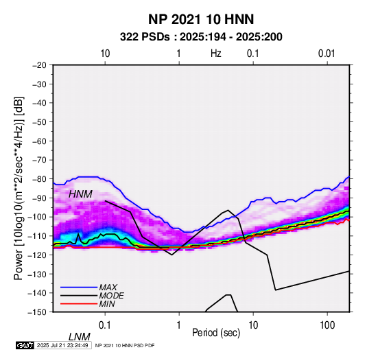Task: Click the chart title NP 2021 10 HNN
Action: pyautogui.click(x=201, y=19)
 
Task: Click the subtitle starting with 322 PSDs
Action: pyautogui.click(x=201, y=37)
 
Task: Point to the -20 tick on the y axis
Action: pyautogui.click(x=39, y=65)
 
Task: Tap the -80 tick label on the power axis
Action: pyautogui.click(x=39, y=179)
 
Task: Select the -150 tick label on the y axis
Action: pyautogui.click(x=38, y=312)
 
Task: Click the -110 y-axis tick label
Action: pyautogui.click(x=38, y=236)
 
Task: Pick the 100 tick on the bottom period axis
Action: pyautogui.click(x=327, y=325)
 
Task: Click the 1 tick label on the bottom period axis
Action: pyautogui.click(x=179, y=325)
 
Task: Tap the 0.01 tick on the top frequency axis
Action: pyautogui.click(x=327, y=54)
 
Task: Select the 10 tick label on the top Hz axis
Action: pyautogui.click(x=105, y=54)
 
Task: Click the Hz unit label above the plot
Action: pyautogui.click(x=216, y=54)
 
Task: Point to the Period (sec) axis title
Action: pyautogui.click(x=216, y=333)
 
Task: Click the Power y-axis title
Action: pyautogui.click(x=19, y=188)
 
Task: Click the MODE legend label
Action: pyautogui.click(x=111, y=296)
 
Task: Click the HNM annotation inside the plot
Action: pyautogui.click(x=80, y=194)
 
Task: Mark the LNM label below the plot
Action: pyautogui.click(x=80, y=337)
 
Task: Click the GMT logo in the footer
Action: pyautogui.click(x=25, y=345)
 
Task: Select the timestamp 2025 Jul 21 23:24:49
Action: pyautogui.click(x=62, y=345)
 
